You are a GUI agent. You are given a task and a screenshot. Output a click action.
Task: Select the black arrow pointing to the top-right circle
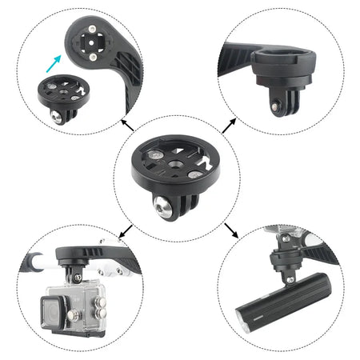229,122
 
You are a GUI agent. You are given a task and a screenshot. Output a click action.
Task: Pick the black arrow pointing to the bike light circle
231,233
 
